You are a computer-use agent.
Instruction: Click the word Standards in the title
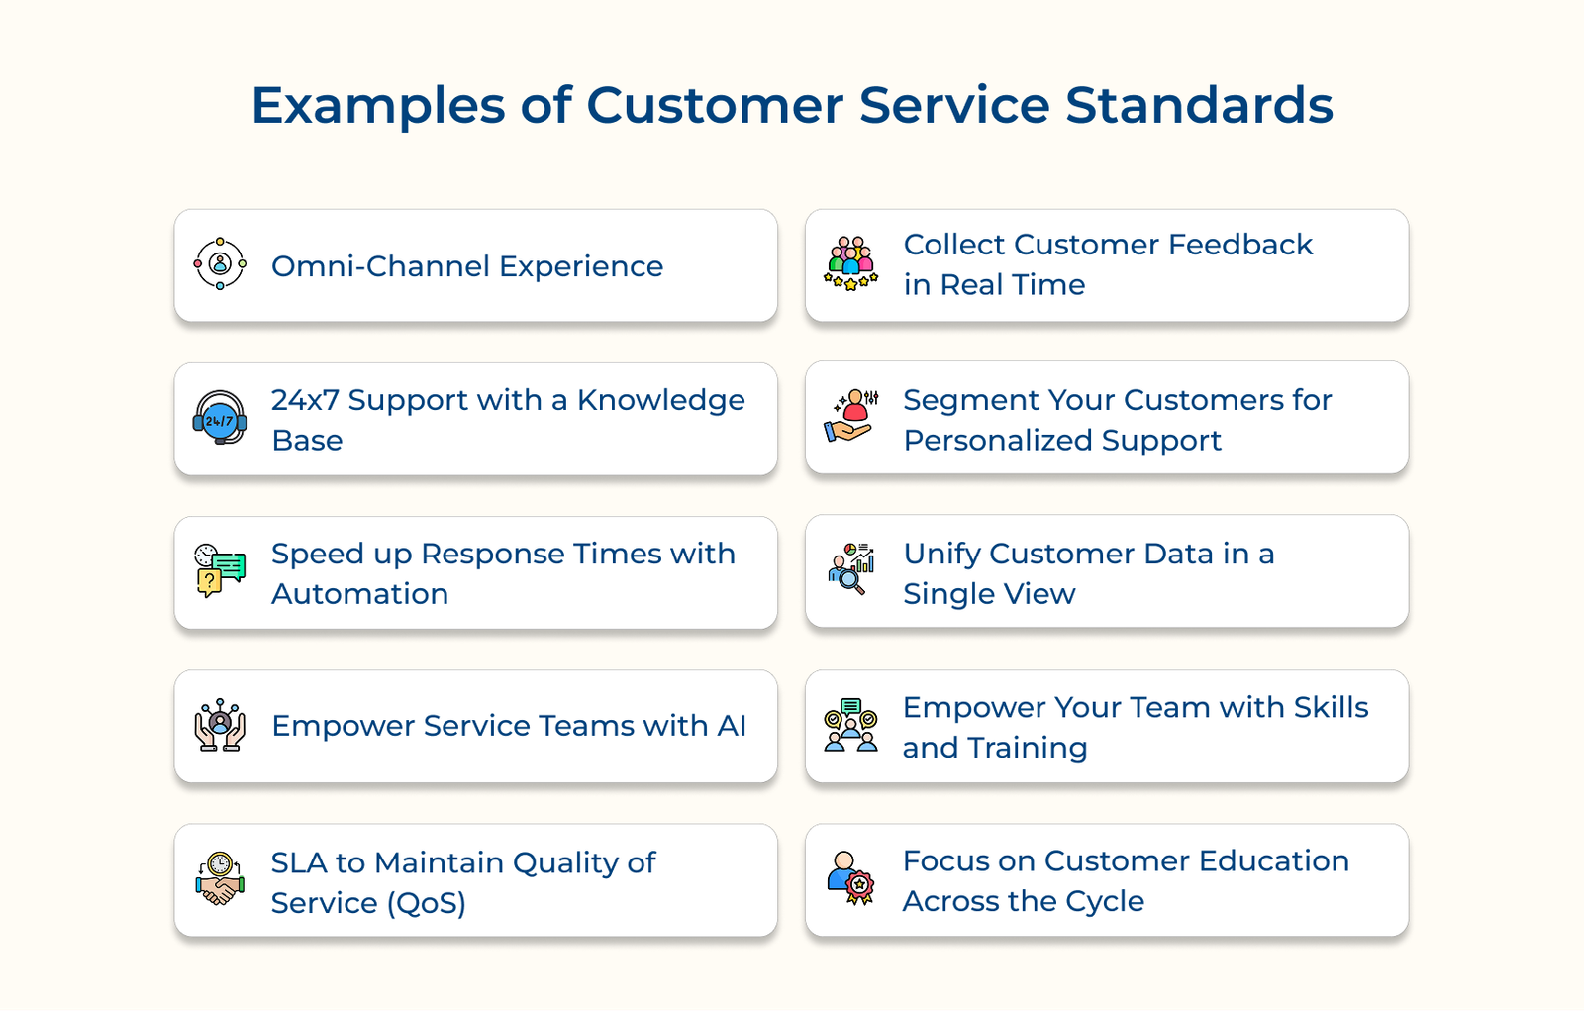click(x=1199, y=105)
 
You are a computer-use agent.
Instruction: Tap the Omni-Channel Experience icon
click(x=220, y=264)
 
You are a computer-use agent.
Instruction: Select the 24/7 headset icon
click(x=220, y=418)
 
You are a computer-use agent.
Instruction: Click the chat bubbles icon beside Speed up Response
click(x=220, y=570)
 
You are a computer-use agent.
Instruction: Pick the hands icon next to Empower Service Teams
click(x=220, y=725)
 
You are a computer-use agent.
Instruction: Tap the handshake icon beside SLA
click(x=220, y=878)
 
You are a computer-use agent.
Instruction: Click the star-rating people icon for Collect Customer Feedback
click(x=850, y=263)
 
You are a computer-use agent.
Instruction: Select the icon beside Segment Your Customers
click(x=850, y=417)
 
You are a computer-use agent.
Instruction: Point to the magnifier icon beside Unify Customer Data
click(x=850, y=569)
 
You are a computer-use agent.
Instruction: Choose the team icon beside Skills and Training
click(x=850, y=725)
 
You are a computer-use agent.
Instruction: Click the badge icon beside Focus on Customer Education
click(x=850, y=878)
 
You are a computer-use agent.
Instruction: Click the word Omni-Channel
click(x=380, y=266)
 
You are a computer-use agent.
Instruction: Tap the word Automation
click(x=359, y=594)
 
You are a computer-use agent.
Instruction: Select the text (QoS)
click(x=426, y=903)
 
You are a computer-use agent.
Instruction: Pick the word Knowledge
click(x=660, y=401)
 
